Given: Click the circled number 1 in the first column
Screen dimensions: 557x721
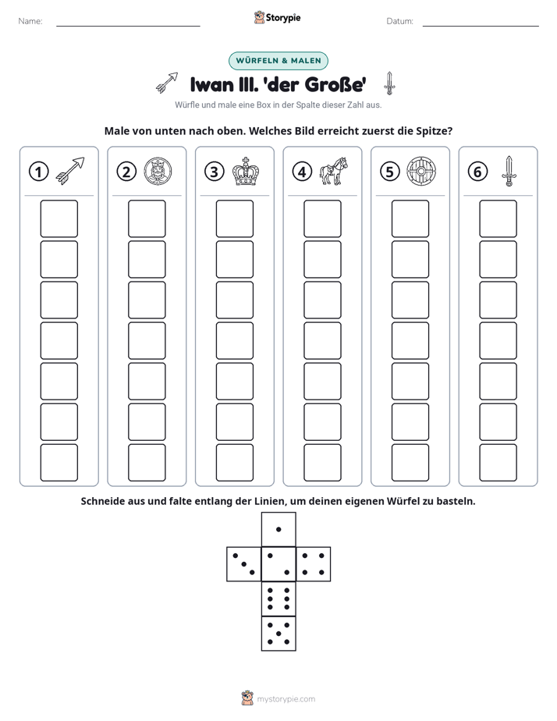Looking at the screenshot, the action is [x=38, y=172].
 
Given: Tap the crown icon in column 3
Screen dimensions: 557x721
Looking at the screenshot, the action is [x=245, y=172].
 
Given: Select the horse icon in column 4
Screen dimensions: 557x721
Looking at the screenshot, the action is [x=334, y=171].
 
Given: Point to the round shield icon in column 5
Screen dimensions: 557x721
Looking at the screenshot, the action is [x=421, y=172].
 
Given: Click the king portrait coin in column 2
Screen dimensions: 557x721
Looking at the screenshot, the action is [x=158, y=172].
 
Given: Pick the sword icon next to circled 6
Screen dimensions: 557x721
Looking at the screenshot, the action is [x=509, y=171].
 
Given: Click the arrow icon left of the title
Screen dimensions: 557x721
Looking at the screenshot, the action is [x=167, y=83].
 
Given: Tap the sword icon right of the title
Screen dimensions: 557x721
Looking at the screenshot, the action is [x=389, y=83].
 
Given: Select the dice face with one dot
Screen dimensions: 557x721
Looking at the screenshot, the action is [x=278, y=529].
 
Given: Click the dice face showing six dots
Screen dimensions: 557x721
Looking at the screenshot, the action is [x=278, y=598].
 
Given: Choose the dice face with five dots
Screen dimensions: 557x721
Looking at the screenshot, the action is [x=278, y=633].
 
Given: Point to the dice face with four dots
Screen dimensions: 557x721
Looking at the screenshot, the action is [x=314, y=564].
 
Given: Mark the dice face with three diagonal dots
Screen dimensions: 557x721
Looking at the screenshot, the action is [x=244, y=564].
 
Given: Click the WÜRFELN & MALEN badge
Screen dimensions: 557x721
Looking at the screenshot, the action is [x=278, y=61].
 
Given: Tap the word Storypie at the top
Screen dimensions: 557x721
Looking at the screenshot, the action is [x=283, y=18].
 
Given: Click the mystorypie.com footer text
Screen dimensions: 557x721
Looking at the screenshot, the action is [x=286, y=699].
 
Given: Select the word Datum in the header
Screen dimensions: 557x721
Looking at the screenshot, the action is [x=399, y=21].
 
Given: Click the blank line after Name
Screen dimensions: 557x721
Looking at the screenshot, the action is [x=128, y=27].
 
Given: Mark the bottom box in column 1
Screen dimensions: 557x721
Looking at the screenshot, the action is [x=59, y=463].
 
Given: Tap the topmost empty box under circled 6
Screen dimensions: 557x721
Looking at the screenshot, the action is [x=498, y=218].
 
